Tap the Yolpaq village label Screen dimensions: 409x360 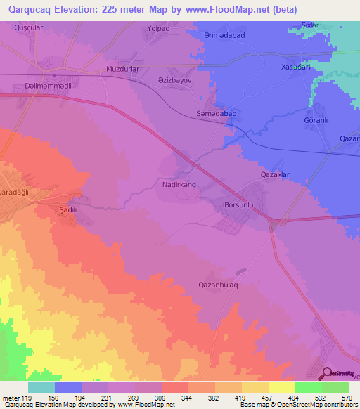(x=159, y=29)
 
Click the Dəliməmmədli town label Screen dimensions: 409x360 (x=31, y=86)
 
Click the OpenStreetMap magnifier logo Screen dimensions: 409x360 (x=326, y=373)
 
